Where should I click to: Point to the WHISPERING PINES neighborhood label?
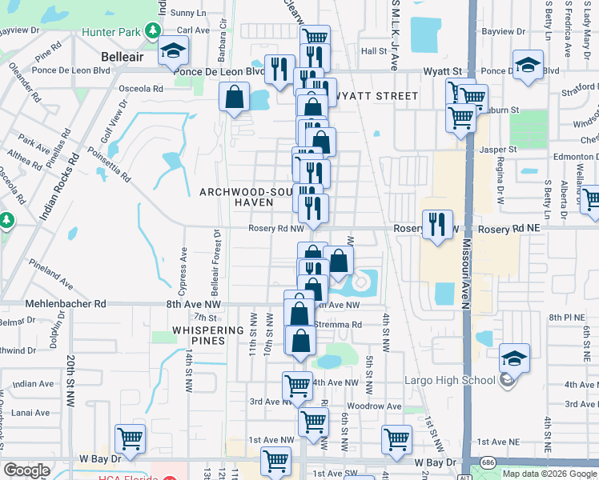207,335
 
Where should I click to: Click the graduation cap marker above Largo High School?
514,357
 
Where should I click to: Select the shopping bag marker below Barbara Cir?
233,98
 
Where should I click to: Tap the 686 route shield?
488,463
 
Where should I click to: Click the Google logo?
27,470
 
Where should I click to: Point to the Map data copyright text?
549,474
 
